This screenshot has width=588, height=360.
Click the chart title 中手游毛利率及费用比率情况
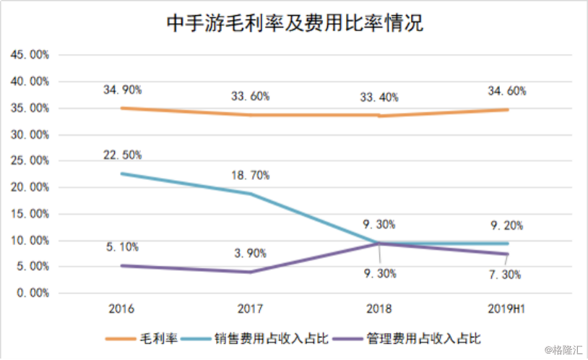coord(295,23)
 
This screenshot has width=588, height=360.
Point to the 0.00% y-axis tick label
coord(33,293)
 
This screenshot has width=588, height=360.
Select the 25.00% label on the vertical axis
coord(30,161)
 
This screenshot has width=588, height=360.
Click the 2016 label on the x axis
coord(122,309)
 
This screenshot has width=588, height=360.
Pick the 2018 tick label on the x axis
coord(379,309)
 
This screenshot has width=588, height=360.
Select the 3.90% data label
coord(251,254)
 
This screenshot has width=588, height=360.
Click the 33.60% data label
coord(251,96)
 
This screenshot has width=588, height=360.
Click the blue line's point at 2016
coord(122,173)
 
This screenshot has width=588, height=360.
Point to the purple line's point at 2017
coord(251,272)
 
